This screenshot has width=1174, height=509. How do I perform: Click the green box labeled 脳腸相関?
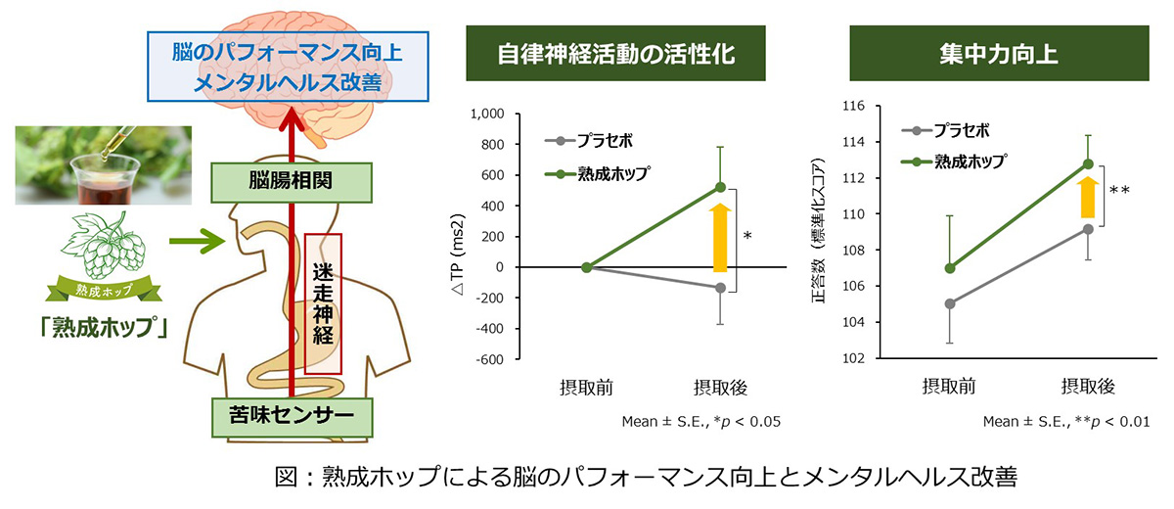pos(292,182)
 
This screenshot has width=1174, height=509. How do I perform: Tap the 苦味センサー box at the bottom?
pos(292,417)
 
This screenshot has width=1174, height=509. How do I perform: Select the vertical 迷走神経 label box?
pos(323,304)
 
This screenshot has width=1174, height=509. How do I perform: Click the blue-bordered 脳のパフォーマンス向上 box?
pos(288,67)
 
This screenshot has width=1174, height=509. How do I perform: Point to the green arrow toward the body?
pos(197,241)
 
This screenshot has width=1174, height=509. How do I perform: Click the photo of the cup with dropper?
pos(104,165)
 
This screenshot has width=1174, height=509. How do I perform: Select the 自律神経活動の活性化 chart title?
pos(615,54)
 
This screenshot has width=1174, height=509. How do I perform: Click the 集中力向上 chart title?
pos(999,54)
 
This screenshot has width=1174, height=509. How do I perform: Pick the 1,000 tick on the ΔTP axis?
pos(487,114)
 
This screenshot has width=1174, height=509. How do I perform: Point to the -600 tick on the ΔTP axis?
pos(489,359)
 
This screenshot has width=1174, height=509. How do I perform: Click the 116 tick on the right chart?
pos(853,107)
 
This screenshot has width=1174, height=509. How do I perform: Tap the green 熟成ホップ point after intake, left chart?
pos(720,187)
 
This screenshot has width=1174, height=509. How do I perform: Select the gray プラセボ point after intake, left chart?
pos(720,288)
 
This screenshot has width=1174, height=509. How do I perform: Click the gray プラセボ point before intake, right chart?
pos(950,303)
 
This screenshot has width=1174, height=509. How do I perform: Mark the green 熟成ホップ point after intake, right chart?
pos(1088,164)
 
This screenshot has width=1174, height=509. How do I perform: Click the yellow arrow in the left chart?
pos(720,238)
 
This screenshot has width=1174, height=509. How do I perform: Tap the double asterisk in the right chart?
pos(1119,190)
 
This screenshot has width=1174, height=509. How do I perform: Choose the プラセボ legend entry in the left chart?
pos(589,141)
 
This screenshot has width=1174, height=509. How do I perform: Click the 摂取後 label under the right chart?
pos(1088,387)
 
